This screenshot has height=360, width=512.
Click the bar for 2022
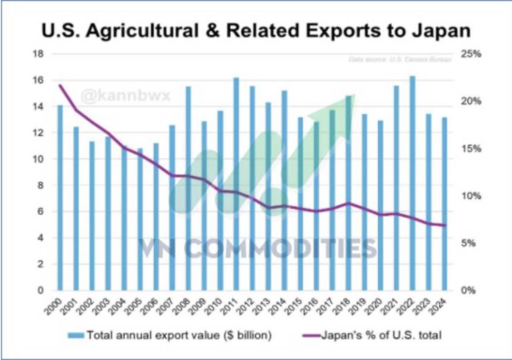[x=413, y=183]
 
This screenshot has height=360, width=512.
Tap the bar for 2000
[x=60, y=198]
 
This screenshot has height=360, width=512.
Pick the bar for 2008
[x=188, y=188]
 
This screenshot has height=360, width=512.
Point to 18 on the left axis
[x=38, y=54]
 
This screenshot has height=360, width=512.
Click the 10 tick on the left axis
[x=38, y=159]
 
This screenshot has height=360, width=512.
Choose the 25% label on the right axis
[x=471, y=54]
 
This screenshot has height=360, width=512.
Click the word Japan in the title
[x=442, y=31]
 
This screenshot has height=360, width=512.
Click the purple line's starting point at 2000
[x=60, y=85]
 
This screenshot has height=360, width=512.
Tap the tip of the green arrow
[x=354, y=95]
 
